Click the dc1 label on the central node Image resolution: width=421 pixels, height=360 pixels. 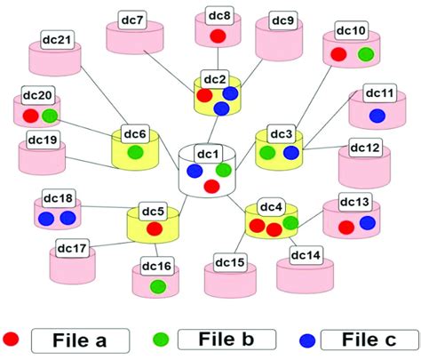pos(208,154)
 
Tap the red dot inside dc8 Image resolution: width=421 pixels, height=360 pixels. pos(218,36)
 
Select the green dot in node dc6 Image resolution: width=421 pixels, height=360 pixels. pos(135,153)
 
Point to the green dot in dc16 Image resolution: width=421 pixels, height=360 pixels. pos(156,285)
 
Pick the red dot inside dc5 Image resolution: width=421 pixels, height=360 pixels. pos(154,228)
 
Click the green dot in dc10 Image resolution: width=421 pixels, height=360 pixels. pos(365,55)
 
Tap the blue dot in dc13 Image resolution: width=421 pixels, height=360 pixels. pos(367,221)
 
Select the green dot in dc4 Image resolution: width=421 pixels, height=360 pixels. pos(290,222)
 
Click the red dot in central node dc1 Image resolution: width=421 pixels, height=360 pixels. pos(211,186)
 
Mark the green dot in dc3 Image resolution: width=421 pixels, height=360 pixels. pos(266,153)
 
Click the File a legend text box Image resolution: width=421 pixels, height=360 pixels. pos(82,339)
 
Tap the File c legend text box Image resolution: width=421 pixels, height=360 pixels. pos(367,339)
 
